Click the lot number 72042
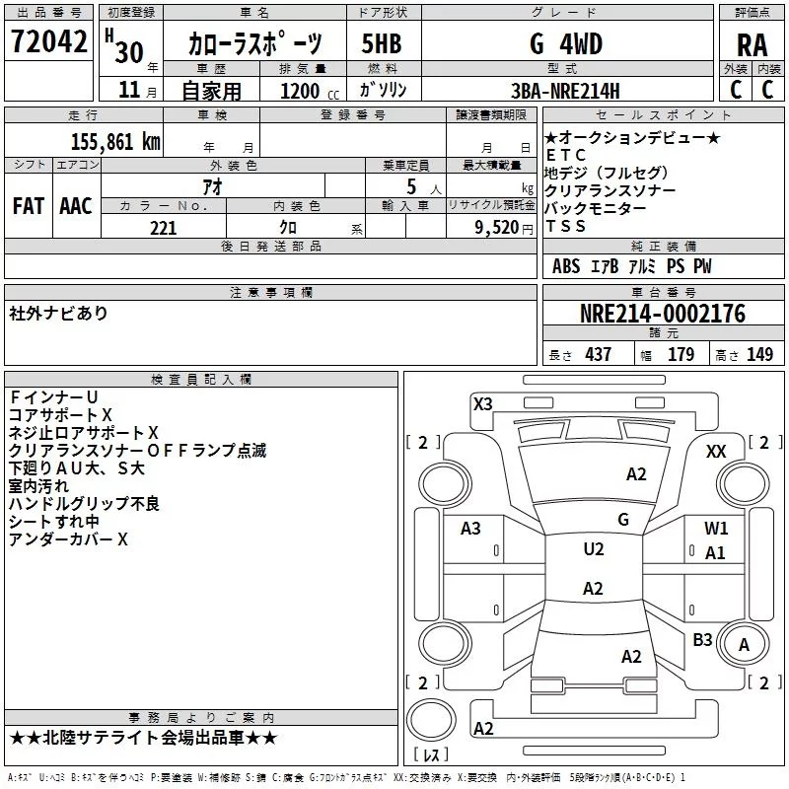48,43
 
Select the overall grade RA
752,45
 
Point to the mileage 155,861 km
115,142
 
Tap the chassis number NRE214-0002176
662,314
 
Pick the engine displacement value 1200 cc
306,91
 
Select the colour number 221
164,228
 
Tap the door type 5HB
381,44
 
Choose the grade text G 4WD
565,44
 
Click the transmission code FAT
29,206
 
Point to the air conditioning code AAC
76,206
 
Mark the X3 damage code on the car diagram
483,403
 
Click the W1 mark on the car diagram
716,529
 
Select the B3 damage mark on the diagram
702,640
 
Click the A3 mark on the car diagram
471,529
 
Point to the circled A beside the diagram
745,645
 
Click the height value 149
759,355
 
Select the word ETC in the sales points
566,155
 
